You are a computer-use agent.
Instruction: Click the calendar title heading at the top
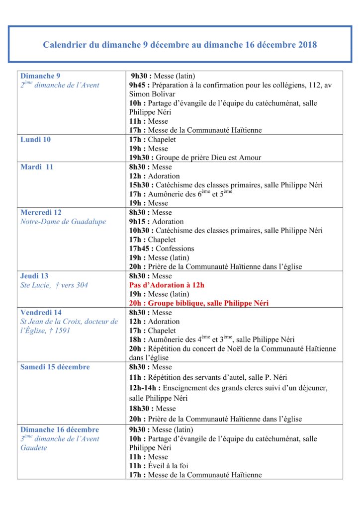[180, 45]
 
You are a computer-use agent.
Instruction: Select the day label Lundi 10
[35, 140]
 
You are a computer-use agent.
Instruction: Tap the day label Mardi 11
[36, 167]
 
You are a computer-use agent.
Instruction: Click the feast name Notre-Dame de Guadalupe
[63, 222]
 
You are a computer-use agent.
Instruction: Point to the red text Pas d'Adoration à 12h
[167, 285]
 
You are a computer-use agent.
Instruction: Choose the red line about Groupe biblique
[199, 303]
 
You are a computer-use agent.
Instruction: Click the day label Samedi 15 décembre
[55, 367]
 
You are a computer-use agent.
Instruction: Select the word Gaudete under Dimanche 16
[34, 448]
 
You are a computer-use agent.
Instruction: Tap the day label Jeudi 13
[34, 276]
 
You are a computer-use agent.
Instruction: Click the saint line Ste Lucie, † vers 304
[54, 285]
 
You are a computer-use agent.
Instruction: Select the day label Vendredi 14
[41, 313]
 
